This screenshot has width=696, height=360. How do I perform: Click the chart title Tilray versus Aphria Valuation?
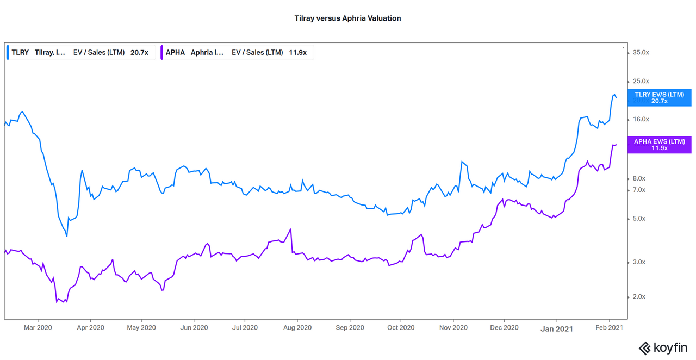tap(347, 18)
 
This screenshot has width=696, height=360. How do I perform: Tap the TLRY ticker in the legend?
tap(20, 53)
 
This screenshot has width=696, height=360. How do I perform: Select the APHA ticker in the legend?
tap(176, 53)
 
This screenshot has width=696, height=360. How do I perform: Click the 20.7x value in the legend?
tap(139, 53)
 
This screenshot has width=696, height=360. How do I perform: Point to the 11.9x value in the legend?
tap(297, 53)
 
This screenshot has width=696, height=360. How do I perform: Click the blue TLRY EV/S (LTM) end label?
tap(659, 98)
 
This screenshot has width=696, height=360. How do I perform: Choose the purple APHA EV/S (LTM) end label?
tap(659, 145)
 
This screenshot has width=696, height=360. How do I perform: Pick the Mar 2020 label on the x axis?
tap(38, 328)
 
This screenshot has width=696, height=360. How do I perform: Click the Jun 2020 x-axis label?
tap(194, 328)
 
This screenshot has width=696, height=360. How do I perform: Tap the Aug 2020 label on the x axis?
tap(297, 328)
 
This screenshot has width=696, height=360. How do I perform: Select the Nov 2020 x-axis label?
tap(453, 328)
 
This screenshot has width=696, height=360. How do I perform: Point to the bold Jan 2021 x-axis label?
tap(556, 328)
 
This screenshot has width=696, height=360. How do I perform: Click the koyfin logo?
tap(663, 347)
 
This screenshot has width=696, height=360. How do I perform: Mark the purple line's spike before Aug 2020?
tap(291, 229)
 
